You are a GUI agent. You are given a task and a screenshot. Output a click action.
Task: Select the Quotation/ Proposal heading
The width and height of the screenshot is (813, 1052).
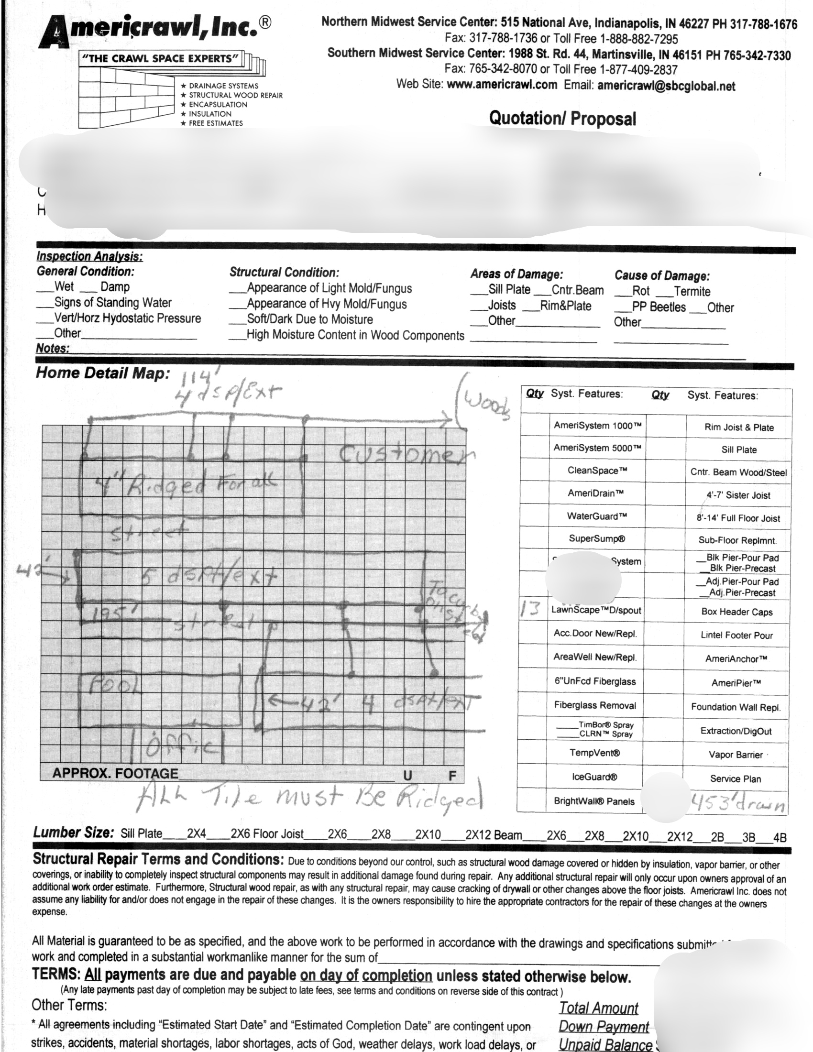coord(562,119)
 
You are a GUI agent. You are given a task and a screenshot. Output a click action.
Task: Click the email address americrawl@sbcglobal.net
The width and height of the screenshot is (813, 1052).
coord(666,86)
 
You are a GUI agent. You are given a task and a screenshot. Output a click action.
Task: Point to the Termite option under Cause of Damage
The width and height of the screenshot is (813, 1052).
coord(692,291)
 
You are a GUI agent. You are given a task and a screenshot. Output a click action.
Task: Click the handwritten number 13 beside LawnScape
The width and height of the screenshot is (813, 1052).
coord(532,609)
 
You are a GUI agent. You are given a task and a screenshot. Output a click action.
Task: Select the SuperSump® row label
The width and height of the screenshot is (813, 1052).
coord(597,538)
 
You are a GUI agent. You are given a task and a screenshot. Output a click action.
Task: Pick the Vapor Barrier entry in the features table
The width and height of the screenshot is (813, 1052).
coord(736,755)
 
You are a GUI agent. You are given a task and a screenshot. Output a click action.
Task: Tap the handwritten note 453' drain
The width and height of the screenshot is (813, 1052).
coord(737,803)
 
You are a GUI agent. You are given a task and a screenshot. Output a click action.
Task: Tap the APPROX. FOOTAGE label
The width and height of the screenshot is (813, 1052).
coord(115,774)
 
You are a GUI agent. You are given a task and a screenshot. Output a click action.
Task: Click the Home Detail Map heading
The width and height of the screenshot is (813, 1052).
coord(102,373)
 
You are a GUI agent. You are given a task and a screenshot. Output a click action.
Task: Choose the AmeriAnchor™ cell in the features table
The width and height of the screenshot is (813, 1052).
coord(736,659)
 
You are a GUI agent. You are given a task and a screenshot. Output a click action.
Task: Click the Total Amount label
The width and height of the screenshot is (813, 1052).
coord(598,1008)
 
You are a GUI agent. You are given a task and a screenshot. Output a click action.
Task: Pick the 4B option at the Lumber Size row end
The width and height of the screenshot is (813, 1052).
coord(780,838)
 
